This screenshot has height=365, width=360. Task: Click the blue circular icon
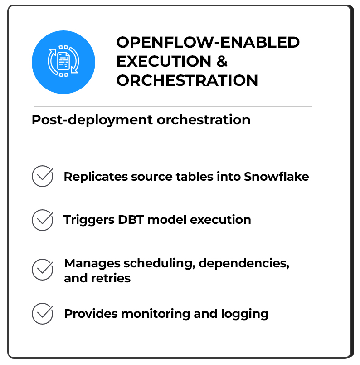click(63, 62)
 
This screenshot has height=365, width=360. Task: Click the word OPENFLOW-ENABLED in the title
click(208, 42)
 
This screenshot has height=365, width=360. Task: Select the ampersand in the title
click(222, 61)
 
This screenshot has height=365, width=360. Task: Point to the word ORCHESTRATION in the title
click(187, 80)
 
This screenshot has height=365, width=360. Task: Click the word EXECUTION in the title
click(164, 61)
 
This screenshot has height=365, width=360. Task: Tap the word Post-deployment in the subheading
click(92, 120)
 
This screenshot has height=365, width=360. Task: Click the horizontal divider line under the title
click(173, 107)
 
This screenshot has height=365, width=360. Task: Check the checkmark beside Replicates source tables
click(43, 176)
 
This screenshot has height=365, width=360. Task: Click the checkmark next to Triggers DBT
click(43, 220)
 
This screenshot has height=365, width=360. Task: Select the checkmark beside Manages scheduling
click(43, 270)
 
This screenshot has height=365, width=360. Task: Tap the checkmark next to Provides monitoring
click(43, 314)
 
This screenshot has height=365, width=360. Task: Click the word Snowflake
click(276, 176)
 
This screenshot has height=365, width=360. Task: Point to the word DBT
click(131, 220)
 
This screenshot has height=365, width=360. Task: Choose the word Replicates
click(96, 177)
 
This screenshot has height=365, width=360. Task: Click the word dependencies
click(244, 263)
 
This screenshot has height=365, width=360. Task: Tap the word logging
click(245, 314)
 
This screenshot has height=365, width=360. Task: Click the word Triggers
click(89, 220)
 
